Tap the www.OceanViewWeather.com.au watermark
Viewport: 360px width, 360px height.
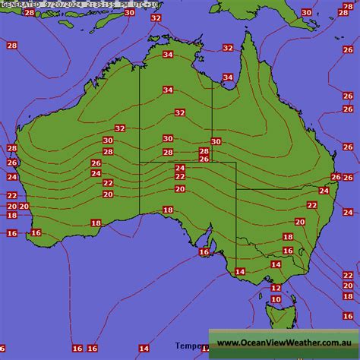(283, 343)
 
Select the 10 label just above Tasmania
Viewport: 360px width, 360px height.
(275, 299)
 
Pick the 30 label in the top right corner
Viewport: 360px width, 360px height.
(305, 12)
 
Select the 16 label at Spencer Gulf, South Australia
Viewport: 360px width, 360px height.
(204, 252)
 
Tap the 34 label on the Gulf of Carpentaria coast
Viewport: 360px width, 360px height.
(228, 77)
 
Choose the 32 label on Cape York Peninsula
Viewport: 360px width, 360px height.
(228, 48)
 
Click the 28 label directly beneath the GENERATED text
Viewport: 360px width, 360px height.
(29, 13)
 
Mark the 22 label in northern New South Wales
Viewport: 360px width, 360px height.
(311, 205)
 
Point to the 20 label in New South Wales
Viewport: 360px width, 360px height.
(299, 222)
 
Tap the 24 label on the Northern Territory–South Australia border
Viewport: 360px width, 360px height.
(180, 168)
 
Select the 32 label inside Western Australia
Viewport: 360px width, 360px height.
(119, 128)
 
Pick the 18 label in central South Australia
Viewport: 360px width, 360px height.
(168, 210)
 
